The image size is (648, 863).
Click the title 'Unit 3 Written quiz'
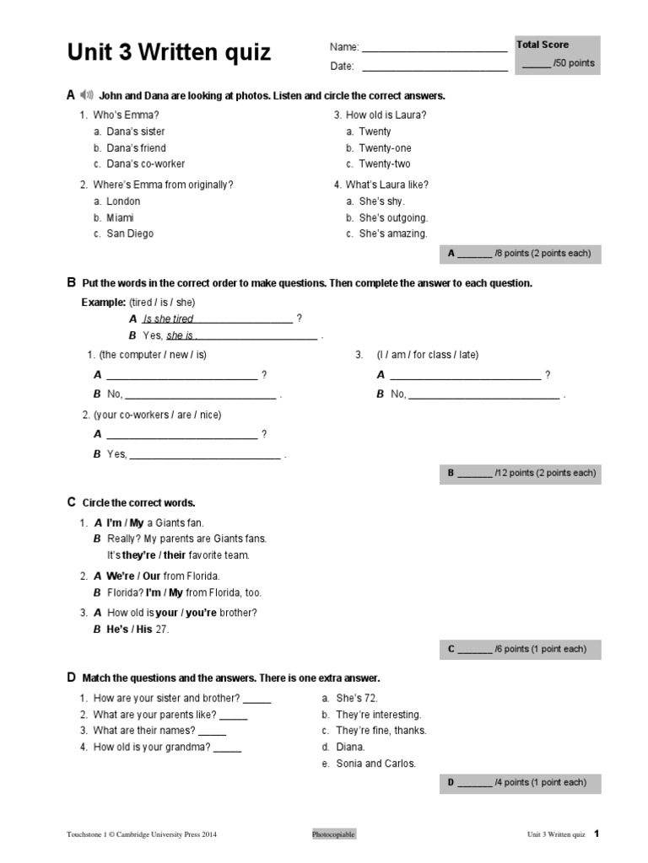[x=169, y=52]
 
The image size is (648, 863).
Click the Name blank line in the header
[x=435, y=49]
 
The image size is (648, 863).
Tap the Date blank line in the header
[x=435, y=67]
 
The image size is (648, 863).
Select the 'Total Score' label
[x=543, y=45]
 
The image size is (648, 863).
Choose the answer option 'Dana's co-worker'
[x=145, y=163]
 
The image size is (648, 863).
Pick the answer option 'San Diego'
[x=130, y=233]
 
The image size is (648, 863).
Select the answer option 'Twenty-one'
[x=385, y=147]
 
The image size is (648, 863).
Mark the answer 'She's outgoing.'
[x=393, y=217]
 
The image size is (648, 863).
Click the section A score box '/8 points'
[x=520, y=253]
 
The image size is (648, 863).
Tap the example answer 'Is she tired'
[x=168, y=319]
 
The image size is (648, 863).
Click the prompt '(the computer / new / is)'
[x=153, y=355]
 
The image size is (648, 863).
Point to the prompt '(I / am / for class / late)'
[x=428, y=355]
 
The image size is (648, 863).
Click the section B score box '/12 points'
[x=521, y=473]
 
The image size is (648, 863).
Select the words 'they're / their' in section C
[x=154, y=555]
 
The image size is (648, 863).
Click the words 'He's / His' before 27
[x=130, y=629]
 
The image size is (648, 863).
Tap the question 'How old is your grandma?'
[x=152, y=747]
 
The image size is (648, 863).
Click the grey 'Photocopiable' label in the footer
[x=333, y=834]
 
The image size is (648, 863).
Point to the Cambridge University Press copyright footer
[x=142, y=834]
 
